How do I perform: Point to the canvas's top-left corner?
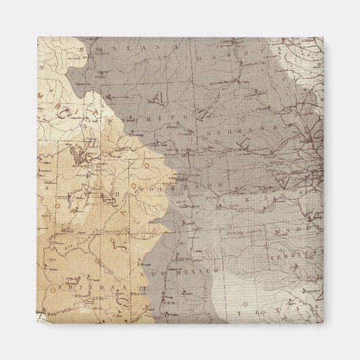coord(38,38)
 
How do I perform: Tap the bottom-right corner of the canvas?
coord(324,323)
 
